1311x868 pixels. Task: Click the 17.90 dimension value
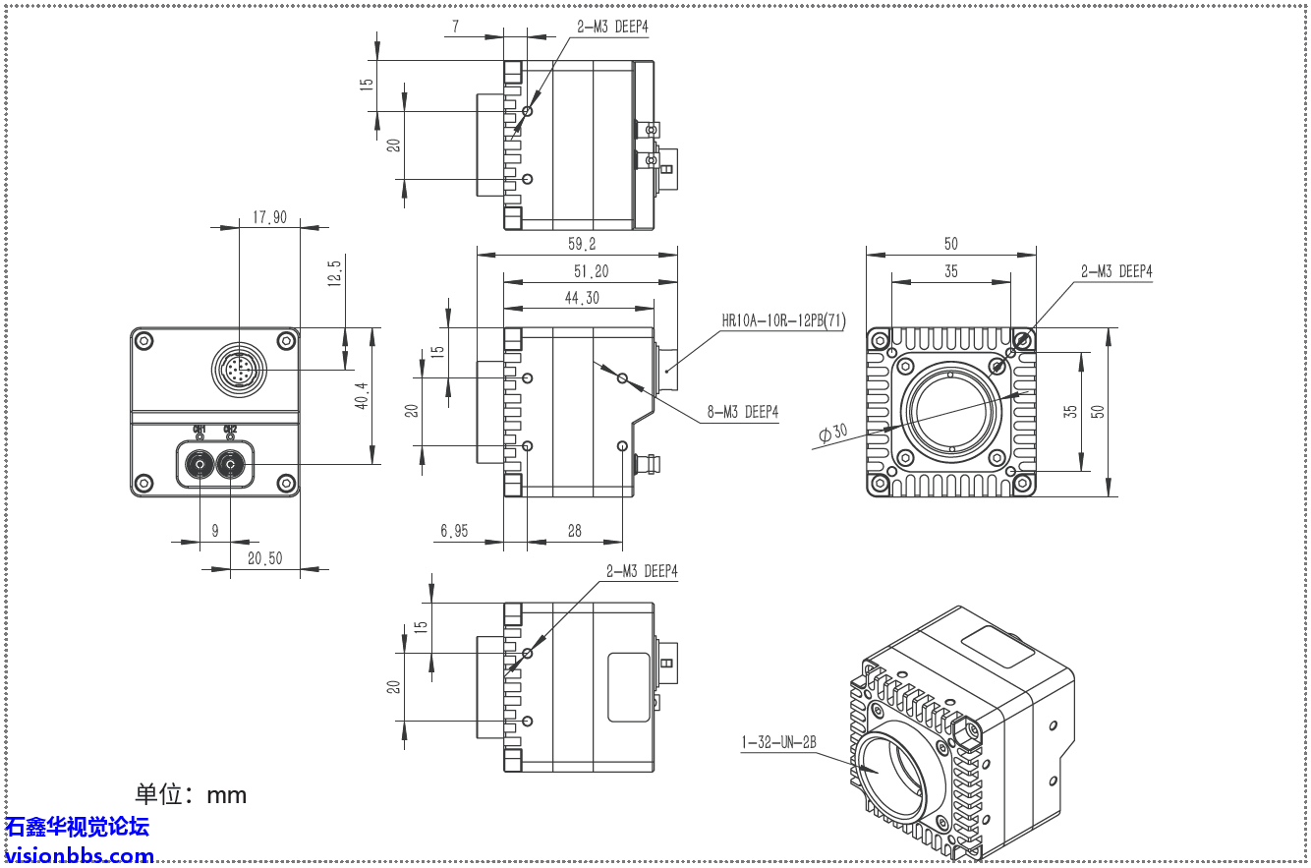click(x=269, y=217)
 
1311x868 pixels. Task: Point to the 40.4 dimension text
click(x=361, y=396)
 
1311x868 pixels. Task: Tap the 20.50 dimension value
click(x=264, y=558)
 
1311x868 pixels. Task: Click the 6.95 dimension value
click(x=454, y=531)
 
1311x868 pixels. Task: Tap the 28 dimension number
click(x=574, y=531)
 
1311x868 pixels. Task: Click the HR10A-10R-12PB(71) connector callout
click(x=783, y=319)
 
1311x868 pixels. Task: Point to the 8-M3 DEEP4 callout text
click(x=742, y=413)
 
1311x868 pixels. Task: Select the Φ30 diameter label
click(x=830, y=433)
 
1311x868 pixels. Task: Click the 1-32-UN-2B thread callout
click(x=778, y=743)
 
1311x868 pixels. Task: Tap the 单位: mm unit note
click(x=191, y=794)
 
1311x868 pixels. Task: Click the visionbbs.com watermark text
click(x=79, y=855)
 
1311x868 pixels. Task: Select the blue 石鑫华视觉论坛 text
click(x=77, y=827)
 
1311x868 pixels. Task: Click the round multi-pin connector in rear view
click(x=238, y=371)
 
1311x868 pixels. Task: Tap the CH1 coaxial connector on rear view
click(x=200, y=464)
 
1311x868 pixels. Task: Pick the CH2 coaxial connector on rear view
click(x=231, y=464)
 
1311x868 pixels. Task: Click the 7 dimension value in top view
click(x=455, y=27)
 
